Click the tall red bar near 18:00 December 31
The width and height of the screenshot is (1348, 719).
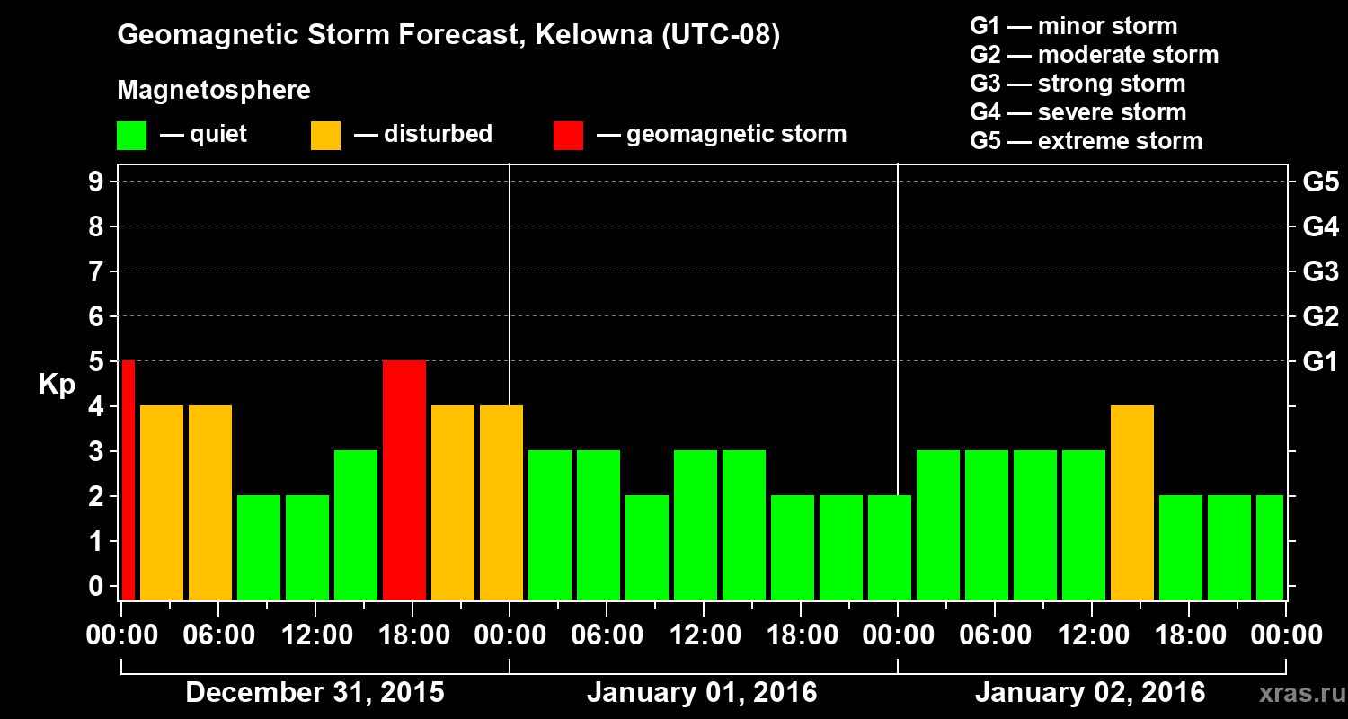tap(404, 481)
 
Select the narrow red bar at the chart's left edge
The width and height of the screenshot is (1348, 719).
tap(128, 481)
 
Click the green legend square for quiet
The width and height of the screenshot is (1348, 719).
tap(131, 136)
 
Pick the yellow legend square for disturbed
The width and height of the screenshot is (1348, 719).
tap(325, 136)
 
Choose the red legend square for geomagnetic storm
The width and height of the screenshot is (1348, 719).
tap(568, 136)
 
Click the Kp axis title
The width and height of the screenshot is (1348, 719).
tap(56, 385)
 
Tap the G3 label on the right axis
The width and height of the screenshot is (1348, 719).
tap(1320, 271)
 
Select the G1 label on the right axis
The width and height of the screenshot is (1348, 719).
tap(1320, 362)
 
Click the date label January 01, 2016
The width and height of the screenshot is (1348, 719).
tap(702, 693)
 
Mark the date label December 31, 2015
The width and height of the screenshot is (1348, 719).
tap(315, 693)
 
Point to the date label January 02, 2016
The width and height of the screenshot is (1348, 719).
tap(1090, 693)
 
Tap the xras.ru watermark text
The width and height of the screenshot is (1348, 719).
tap(1296, 693)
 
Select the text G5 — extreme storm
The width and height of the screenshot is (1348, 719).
tap(1086, 141)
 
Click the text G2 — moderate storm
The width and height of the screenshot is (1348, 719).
tap(1094, 55)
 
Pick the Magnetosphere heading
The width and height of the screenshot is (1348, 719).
tap(214, 91)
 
